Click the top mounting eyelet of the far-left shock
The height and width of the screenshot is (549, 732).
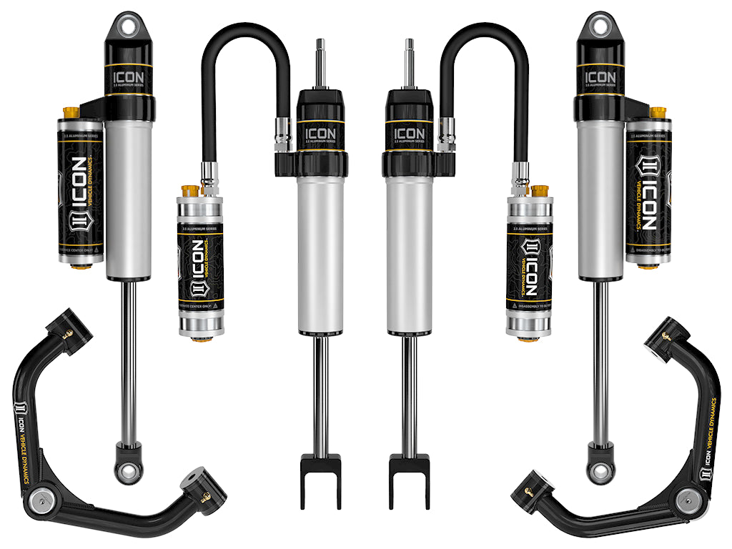129,24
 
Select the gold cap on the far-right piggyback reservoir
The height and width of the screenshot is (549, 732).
658,113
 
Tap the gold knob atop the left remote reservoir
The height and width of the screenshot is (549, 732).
189,191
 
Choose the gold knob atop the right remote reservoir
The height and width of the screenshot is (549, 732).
541,191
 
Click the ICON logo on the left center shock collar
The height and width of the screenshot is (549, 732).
320,133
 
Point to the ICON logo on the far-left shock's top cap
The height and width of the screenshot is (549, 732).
129,76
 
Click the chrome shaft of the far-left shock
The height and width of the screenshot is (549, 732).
129,357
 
